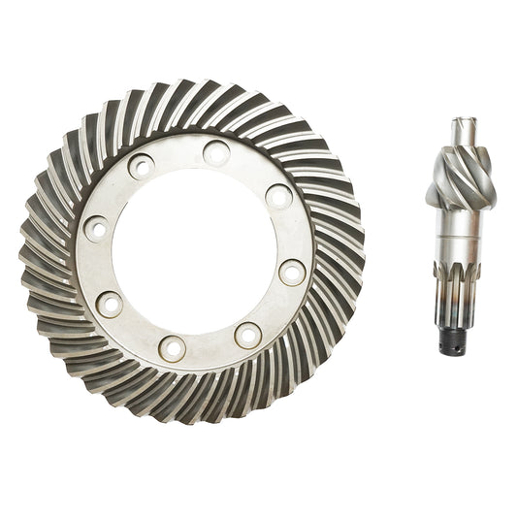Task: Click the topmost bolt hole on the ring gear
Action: (216, 151)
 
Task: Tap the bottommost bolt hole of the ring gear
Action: (173, 347)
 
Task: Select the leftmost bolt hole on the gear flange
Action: (96, 229)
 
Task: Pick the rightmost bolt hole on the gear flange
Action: (292, 272)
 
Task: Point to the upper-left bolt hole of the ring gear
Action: (141, 166)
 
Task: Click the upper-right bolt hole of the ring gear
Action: (279, 197)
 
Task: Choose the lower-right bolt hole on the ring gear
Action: (248, 336)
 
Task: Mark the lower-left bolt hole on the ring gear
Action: (110, 304)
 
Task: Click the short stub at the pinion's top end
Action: (463, 128)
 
